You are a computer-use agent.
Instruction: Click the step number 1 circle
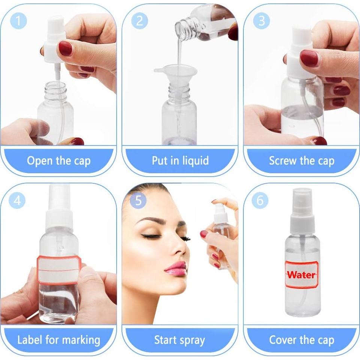tap(18, 21)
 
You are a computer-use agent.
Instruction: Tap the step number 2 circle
tap(139, 21)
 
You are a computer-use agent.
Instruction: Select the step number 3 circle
tap(261, 21)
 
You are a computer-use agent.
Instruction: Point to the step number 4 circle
tap(17, 201)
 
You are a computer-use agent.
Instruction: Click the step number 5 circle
tap(138, 201)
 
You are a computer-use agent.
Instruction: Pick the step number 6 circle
tap(260, 201)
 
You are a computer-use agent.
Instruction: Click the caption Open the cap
tap(58, 161)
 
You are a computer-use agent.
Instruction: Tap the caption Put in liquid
tap(180, 161)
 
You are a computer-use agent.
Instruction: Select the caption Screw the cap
tap(301, 161)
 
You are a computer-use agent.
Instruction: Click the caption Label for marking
tap(58, 340)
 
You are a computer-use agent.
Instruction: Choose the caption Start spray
tap(180, 340)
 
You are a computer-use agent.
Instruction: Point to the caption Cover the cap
tap(301, 340)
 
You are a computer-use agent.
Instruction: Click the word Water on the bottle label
tap(301, 274)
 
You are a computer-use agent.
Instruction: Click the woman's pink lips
tap(175, 268)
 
